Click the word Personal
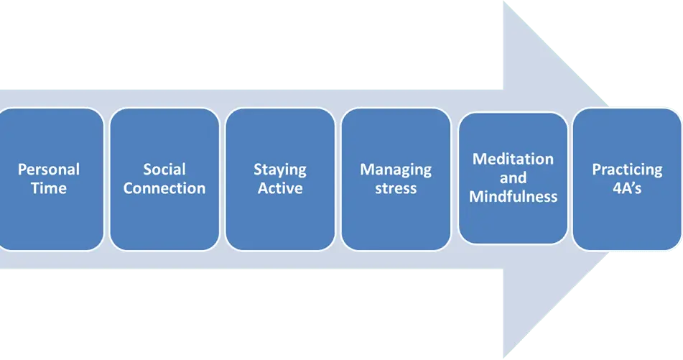(x=49, y=170)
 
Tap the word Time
(x=49, y=188)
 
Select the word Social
(x=164, y=170)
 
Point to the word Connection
(x=164, y=188)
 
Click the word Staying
(x=280, y=170)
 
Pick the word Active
(x=280, y=188)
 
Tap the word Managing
(x=396, y=170)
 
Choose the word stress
(x=396, y=188)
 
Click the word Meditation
(x=513, y=159)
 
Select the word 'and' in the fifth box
(x=513, y=177)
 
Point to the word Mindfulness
(x=513, y=195)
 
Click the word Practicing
(x=627, y=170)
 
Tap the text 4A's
(x=627, y=188)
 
